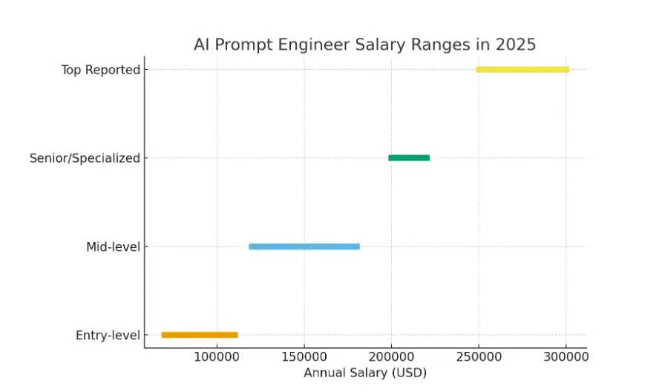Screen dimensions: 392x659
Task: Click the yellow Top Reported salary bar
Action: tap(522, 70)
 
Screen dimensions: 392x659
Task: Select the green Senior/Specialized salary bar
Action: tap(409, 157)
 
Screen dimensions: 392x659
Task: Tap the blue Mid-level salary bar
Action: tap(304, 246)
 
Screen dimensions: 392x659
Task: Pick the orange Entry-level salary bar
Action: tap(200, 335)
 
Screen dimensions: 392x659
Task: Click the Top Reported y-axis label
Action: tap(101, 70)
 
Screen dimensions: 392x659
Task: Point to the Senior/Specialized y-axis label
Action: tap(85, 158)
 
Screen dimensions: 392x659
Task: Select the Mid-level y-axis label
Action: tap(113, 246)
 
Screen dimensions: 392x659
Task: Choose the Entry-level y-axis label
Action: tap(108, 336)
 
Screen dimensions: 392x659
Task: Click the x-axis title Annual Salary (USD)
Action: tap(365, 373)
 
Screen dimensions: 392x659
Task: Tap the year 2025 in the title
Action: tap(515, 45)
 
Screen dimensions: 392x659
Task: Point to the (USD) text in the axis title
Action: tap(410, 373)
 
